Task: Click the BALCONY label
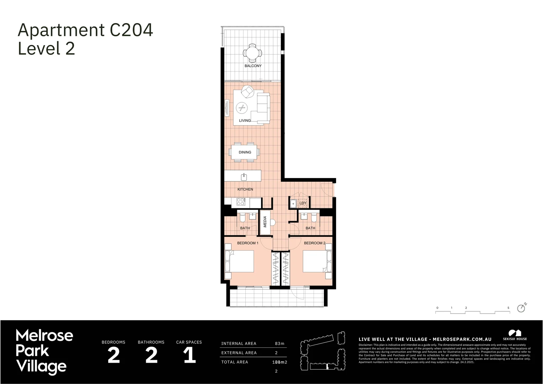pyautogui.click(x=253, y=66)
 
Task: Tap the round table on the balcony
pyautogui.click(x=252, y=53)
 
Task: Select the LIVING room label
pyautogui.click(x=245, y=121)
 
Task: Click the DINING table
pyautogui.click(x=245, y=152)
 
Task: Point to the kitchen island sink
pyautogui.click(x=244, y=176)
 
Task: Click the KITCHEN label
pyautogui.click(x=245, y=189)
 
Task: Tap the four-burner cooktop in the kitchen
pyautogui.click(x=241, y=202)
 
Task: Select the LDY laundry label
pyautogui.click(x=303, y=203)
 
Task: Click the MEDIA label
pyautogui.click(x=265, y=222)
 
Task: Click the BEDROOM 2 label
pyautogui.click(x=314, y=243)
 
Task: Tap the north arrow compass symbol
pyautogui.click(x=522, y=308)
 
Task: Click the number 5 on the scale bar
pyautogui.click(x=508, y=308)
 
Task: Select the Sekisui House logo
pyautogui.click(x=515, y=335)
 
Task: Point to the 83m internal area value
pyautogui.click(x=280, y=343)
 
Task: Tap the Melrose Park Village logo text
pyautogui.click(x=44, y=351)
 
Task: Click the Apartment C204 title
pyautogui.click(x=85, y=30)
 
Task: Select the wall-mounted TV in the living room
pyautogui.click(x=226, y=108)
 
